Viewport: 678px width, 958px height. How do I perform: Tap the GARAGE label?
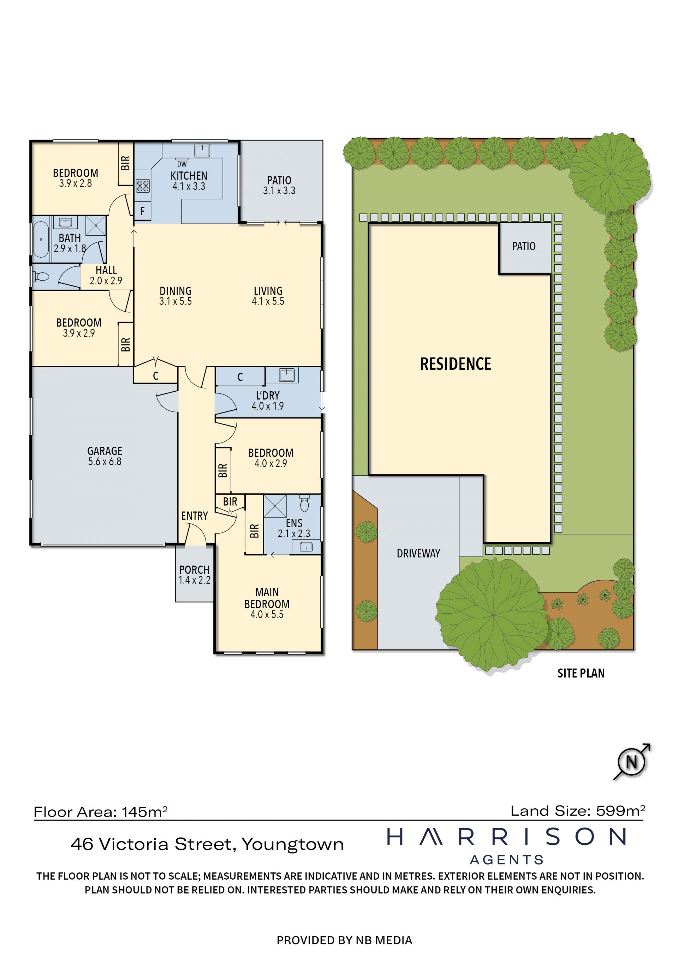(x=105, y=451)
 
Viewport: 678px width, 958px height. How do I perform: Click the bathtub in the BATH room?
(x=41, y=239)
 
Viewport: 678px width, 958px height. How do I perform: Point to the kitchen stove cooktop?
(x=143, y=186)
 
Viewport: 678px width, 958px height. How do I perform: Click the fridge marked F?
(x=142, y=211)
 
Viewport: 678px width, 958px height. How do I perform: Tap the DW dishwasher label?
(x=182, y=164)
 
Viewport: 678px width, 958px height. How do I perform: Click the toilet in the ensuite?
(x=304, y=503)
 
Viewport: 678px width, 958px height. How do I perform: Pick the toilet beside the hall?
(x=41, y=276)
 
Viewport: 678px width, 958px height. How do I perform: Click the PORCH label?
(x=194, y=569)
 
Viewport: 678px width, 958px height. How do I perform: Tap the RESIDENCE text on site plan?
(x=456, y=364)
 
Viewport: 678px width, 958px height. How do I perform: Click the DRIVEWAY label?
(x=418, y=553)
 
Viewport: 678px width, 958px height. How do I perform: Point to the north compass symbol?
(x=632, y=761)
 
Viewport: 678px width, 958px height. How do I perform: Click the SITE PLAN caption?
(x=581, y=673)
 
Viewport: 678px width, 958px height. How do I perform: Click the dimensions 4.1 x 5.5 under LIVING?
(x=268, y=301)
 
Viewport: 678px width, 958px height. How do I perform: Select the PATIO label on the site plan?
(x=524, y=246)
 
